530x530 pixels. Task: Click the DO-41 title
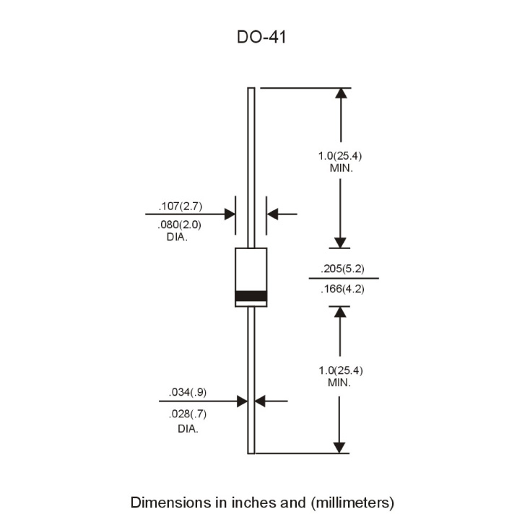261,37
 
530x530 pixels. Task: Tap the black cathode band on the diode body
251,296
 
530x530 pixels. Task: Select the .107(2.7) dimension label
181,207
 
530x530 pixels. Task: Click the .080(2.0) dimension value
180,225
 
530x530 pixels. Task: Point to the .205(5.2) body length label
342,269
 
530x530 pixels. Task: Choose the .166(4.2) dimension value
342,289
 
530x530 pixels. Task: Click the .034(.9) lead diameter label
188,392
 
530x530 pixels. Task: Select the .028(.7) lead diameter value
188,414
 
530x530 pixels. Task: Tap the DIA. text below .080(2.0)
177,237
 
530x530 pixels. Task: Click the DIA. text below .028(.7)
188,429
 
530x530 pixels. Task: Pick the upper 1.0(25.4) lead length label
340,156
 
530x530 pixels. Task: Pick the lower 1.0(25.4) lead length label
341,370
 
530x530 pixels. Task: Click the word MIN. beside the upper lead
342,168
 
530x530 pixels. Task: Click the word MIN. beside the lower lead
339,383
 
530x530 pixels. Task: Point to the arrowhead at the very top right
341,93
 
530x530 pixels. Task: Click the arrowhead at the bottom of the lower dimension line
339,448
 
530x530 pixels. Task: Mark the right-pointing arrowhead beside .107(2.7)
230,214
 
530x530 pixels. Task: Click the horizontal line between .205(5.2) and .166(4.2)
344,279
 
